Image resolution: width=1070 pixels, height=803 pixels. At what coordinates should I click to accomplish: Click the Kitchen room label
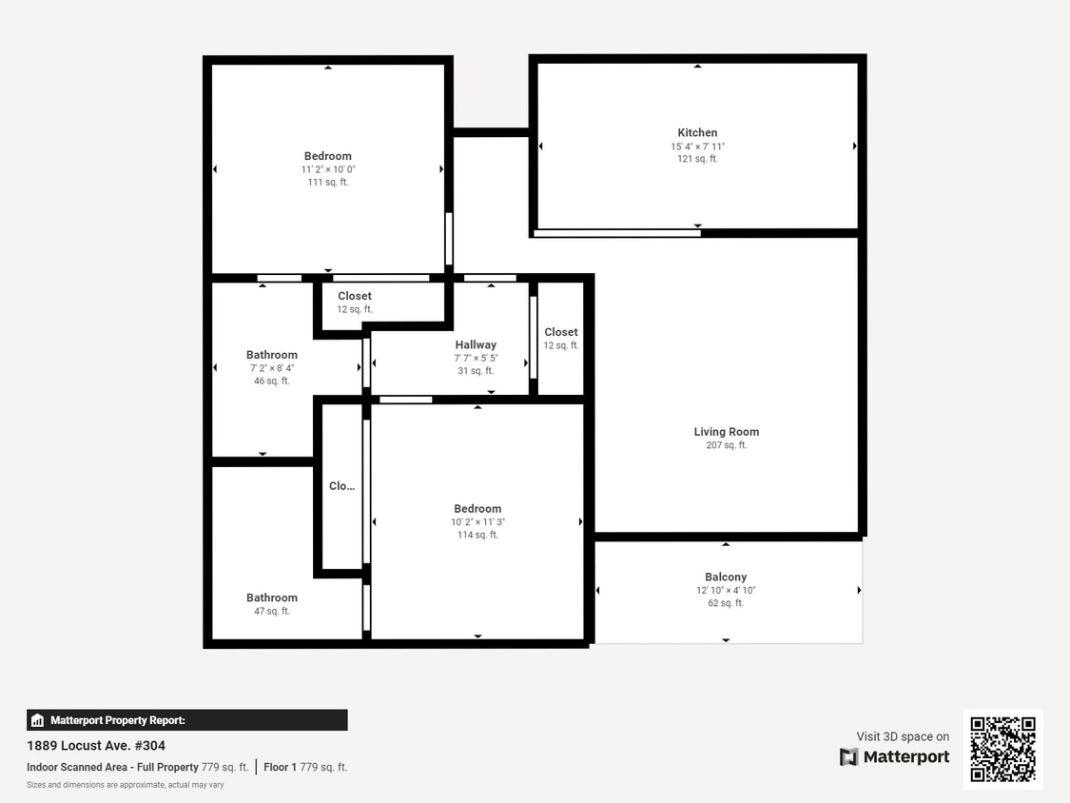(x=697, y=133)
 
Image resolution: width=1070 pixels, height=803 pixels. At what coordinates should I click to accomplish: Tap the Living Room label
(x=726, y=432)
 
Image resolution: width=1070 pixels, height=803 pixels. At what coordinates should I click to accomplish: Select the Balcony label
(x=726, y=578)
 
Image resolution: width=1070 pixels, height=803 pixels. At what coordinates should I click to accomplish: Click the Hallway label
(x=476, y=345)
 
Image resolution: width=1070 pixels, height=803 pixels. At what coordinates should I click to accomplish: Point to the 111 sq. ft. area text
(x=327, y=182)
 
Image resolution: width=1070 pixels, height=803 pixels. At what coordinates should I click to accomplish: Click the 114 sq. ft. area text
(x=477, y=535)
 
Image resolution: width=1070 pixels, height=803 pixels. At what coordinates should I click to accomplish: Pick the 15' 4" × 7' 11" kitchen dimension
(x=697, y=147)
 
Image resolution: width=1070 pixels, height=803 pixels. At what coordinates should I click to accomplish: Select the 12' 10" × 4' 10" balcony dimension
(x=726, y=591)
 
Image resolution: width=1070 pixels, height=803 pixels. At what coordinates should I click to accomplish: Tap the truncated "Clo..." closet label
(x=341, y=486)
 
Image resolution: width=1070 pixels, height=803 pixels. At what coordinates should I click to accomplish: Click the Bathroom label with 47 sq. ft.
(x=272, y=598)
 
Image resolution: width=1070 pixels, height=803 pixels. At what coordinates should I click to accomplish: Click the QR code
(x=1002, y=749)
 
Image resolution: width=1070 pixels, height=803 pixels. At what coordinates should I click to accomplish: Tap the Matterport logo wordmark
(x=894, y=757)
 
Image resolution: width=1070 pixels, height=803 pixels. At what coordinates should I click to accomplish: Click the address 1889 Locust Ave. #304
(x=96, y=746)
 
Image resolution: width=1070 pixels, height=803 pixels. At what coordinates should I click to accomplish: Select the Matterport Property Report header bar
(x=187, y=720)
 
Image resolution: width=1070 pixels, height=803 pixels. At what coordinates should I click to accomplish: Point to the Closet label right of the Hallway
(x=561, y=333)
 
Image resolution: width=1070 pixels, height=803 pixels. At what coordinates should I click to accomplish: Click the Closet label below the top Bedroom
(x=355, y=297)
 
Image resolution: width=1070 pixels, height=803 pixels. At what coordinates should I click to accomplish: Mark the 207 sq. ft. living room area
(x=726, y=445)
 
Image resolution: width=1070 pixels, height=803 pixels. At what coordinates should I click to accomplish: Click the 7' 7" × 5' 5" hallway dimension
(x=476, y=359)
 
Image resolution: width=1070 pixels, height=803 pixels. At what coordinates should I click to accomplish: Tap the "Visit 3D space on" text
(x=903, y=736)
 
